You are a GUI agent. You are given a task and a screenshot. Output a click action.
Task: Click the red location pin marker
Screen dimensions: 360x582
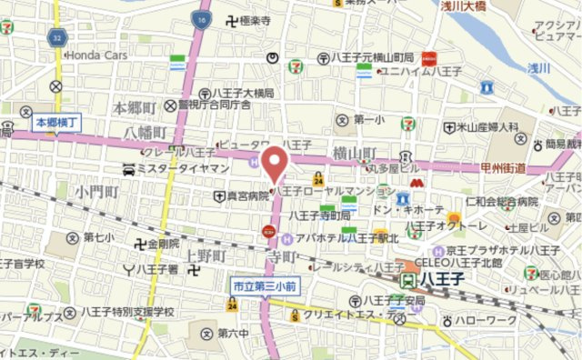tap(273, 164)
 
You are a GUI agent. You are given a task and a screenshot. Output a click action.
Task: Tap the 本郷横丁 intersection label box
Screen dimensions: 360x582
tap(58, 121)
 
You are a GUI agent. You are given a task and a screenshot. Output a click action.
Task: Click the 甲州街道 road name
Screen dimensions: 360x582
tap(506, 167)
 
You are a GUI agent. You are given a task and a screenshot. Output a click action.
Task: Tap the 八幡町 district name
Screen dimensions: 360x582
tap(143, 132)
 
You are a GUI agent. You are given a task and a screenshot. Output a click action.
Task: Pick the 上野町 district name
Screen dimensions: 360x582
tap(205, 257)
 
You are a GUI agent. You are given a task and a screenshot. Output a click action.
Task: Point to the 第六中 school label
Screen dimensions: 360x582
tap(232, 333)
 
